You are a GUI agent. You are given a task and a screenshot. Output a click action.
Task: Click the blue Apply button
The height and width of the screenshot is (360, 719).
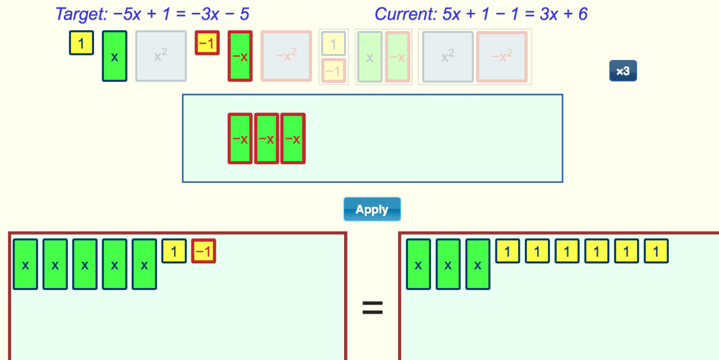point(372,209)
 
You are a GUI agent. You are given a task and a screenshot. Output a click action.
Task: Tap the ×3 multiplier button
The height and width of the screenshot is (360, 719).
point(623,71)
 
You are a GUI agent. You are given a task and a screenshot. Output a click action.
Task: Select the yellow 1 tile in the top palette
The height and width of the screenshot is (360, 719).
point(82,43)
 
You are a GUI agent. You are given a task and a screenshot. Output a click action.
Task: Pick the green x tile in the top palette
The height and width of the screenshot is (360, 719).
point(115,56)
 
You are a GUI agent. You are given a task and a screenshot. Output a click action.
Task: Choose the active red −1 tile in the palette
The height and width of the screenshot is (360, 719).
point(207,43)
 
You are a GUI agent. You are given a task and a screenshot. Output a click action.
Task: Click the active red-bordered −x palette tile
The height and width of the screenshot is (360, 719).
point(240,56)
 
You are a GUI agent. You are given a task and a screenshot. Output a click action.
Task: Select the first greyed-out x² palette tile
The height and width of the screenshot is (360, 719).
point(161,56)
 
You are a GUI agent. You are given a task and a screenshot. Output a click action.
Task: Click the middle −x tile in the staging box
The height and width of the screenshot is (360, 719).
point(267,139)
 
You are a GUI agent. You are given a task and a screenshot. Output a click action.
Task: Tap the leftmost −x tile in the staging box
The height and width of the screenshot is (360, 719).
point(240,139)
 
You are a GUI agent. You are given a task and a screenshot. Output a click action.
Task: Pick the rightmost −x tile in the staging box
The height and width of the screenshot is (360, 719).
point(293,139)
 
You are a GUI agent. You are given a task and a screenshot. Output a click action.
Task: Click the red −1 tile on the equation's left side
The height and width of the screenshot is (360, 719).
point(203,251)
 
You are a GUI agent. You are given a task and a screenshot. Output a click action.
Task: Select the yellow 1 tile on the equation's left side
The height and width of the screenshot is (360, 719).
point(174,251)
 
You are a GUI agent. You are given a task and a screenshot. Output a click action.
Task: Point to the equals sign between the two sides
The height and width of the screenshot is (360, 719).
point(372,308)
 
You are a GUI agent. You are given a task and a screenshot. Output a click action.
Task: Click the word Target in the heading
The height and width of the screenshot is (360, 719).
point(81,14)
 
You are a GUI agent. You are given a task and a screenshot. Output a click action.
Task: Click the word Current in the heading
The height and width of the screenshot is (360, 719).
point(406,14)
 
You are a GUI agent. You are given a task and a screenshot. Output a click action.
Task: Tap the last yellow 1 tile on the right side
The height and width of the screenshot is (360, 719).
point(656,251)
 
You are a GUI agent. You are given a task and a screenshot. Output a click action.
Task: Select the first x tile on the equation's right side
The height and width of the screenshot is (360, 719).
point(418,264)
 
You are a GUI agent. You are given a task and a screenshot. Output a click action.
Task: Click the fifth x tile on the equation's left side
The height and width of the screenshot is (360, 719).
point(144,264)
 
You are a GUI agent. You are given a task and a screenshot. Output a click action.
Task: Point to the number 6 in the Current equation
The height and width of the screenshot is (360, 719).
point(583,14)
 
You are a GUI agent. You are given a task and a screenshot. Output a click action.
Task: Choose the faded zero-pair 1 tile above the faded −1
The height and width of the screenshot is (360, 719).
point(333,43)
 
